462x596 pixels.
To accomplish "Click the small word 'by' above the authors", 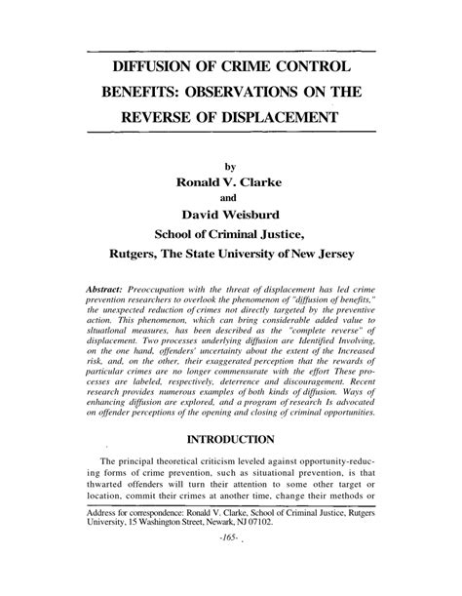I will [x=231, y=167].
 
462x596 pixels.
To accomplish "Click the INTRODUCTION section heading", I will [x=231, y=439].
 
